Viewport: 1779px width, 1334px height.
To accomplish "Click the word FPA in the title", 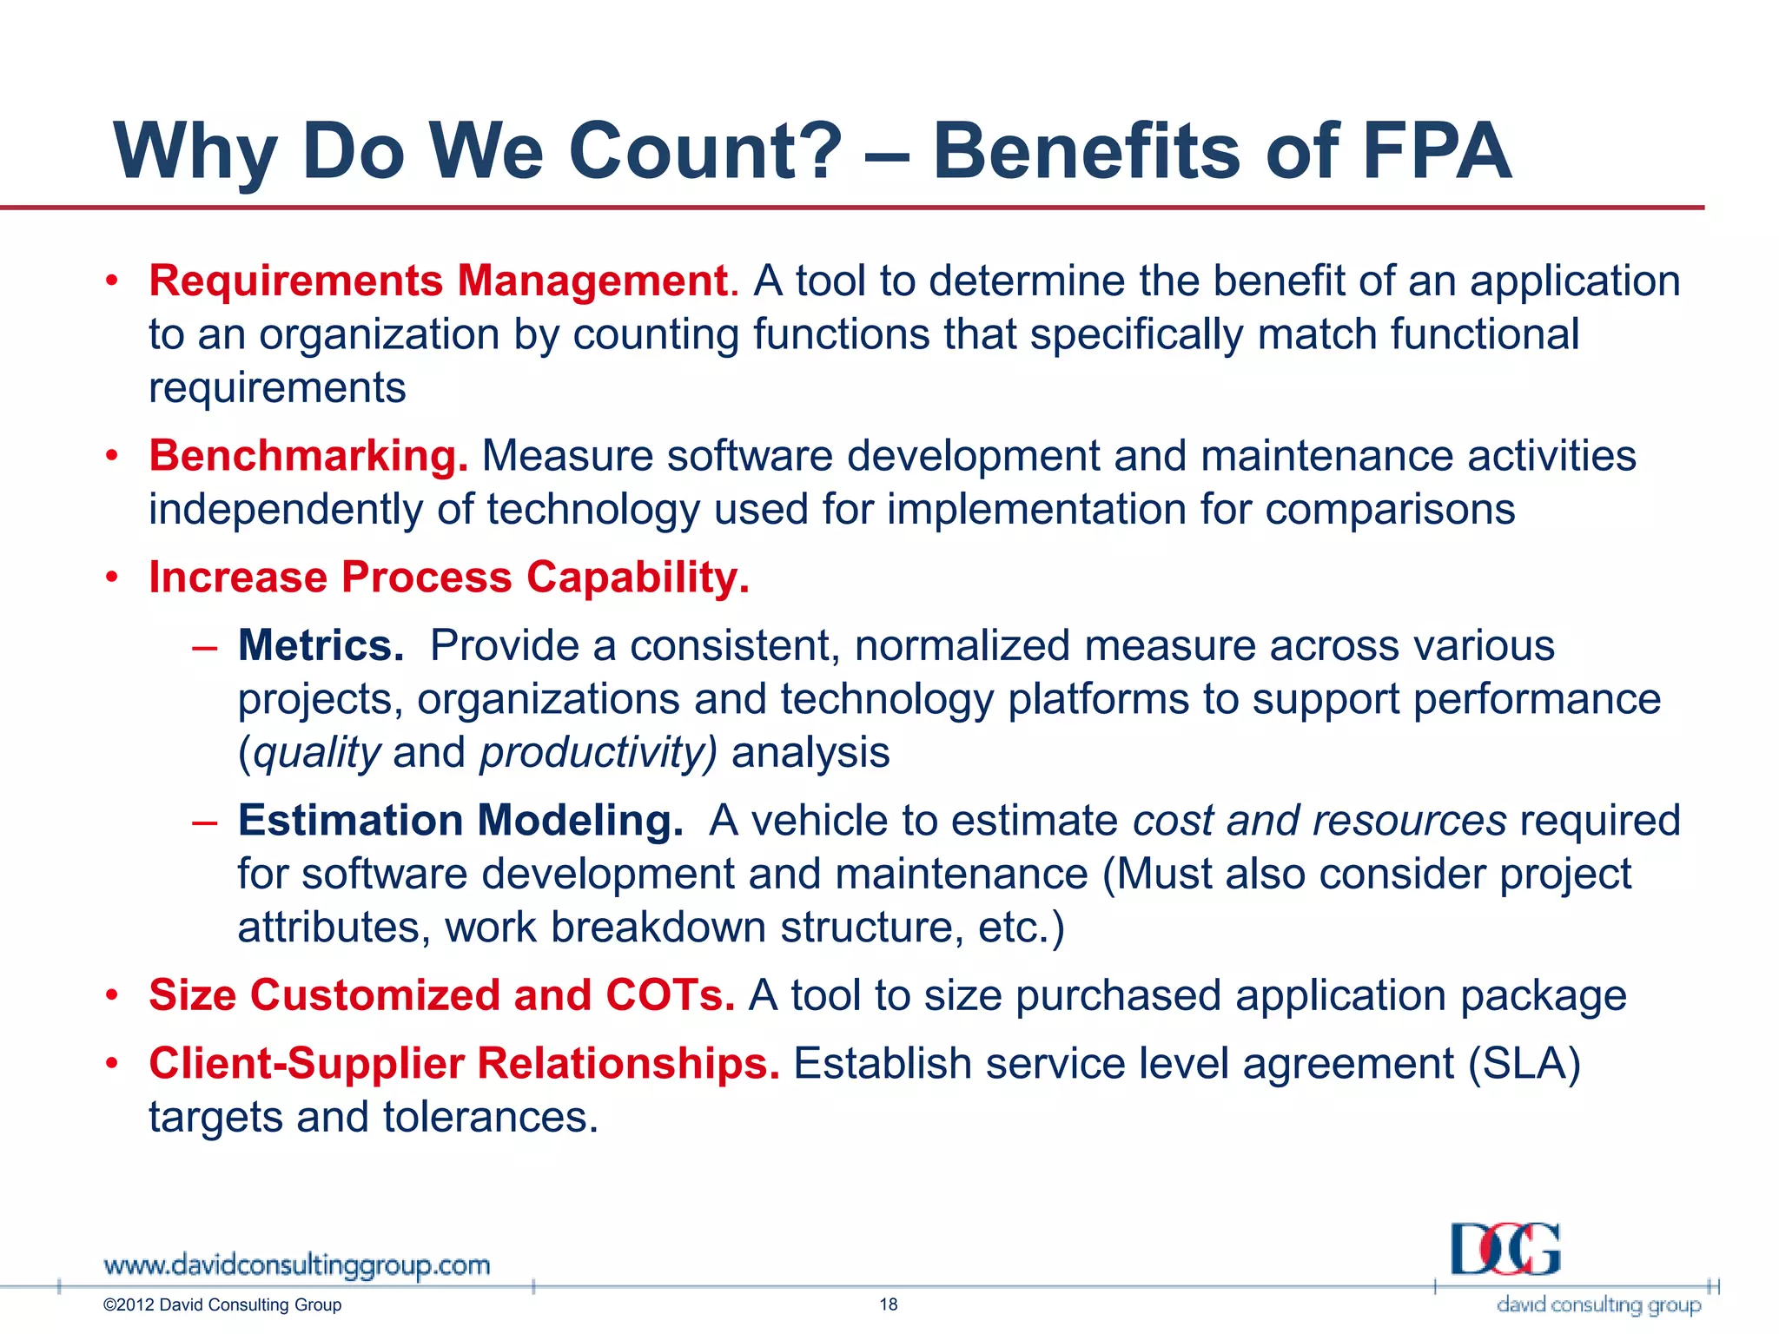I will (1437, 151).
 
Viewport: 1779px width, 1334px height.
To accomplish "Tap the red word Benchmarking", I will (308, 456).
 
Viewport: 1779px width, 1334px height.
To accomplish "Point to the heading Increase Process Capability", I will (448, 578).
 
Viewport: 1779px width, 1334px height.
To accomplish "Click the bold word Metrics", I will (321, 646).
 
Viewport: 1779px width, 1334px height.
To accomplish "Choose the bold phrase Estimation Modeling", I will (460, 821).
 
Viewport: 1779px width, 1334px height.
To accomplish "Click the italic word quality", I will (317, 753).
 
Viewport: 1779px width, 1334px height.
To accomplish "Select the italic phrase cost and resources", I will (1319, 821).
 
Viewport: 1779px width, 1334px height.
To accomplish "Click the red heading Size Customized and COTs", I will (441, 995).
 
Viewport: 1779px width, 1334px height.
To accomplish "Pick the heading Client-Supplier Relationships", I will (464, 1064).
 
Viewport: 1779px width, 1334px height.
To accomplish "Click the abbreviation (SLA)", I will (1524, 1064).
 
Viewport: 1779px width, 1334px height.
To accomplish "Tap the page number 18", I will (889, 1304).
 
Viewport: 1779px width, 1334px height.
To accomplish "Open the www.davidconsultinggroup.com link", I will (297, 1265).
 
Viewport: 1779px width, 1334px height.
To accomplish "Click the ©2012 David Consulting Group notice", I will (222, 1305).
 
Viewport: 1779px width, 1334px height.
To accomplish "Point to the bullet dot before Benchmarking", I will (111, 456).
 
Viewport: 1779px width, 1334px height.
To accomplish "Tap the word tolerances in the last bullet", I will (490, 1118).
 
